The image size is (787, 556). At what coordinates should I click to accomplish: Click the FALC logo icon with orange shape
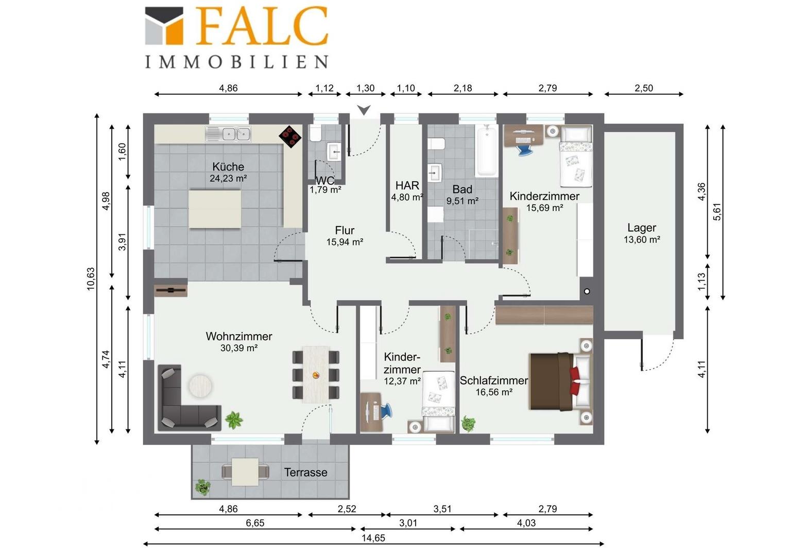click(x=164, y=26)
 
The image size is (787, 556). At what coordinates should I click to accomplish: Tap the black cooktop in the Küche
click(x=290, y=136)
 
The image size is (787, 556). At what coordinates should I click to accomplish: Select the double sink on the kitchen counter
click(x=228, y=134)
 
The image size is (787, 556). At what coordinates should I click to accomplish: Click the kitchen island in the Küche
click(x=215, y=209)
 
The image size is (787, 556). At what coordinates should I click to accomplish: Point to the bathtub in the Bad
click(x=487, y=151)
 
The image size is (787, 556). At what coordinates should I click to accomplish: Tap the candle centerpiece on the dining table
click(x=316, y=375)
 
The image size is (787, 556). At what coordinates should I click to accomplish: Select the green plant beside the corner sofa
click(x=234, y=420)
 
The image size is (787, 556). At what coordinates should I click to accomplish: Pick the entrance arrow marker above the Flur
click(x=364, y=110)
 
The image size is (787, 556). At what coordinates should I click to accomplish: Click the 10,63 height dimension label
click(x=91, y=279)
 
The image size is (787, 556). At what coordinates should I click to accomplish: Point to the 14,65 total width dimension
click(x=373, y=538)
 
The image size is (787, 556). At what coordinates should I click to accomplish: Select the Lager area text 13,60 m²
click(x=642, y=240)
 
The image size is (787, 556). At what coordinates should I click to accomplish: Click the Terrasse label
click(x=305, y=473)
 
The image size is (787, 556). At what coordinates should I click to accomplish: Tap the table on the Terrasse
click(x=245, y=472)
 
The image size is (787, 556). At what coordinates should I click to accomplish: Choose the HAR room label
click(x=407, y=185)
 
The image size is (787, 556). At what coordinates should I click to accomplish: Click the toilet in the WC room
click(x=315, y=134)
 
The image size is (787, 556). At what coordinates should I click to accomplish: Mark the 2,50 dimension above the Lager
click(x=644, y=88)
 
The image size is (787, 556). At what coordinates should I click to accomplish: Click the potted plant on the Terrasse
click(x=203, y=488)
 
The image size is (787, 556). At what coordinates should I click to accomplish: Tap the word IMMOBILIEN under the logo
click(x=237, y=62)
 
